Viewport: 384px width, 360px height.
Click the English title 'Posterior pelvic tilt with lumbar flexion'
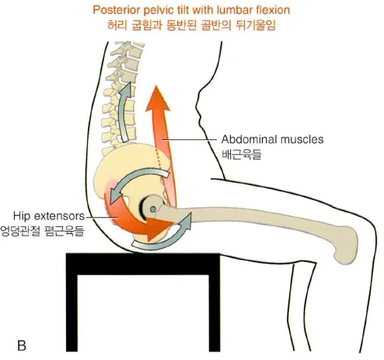(x=191, y=10)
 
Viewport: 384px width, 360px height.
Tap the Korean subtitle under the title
(x=191, y=26)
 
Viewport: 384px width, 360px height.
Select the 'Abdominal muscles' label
(x=272, y=139)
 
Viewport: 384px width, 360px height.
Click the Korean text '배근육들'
(x=242, y=155)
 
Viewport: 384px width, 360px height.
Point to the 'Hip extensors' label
(x=49, y=215)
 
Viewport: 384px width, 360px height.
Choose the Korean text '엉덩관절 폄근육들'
(x=42, y=231)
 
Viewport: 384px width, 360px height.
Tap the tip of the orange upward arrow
(x=156, y=86)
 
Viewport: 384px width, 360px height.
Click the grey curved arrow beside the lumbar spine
(x=124, y=111)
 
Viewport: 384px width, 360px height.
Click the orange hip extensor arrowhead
(x=159, y=227)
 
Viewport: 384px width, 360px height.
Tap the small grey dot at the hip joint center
(x=153, y=208)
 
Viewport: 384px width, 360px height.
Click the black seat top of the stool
(x=143, y=264)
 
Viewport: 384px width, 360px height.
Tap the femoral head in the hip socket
(x=153, y=208)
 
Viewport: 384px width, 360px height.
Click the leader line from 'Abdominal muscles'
(x=189, y=140)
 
